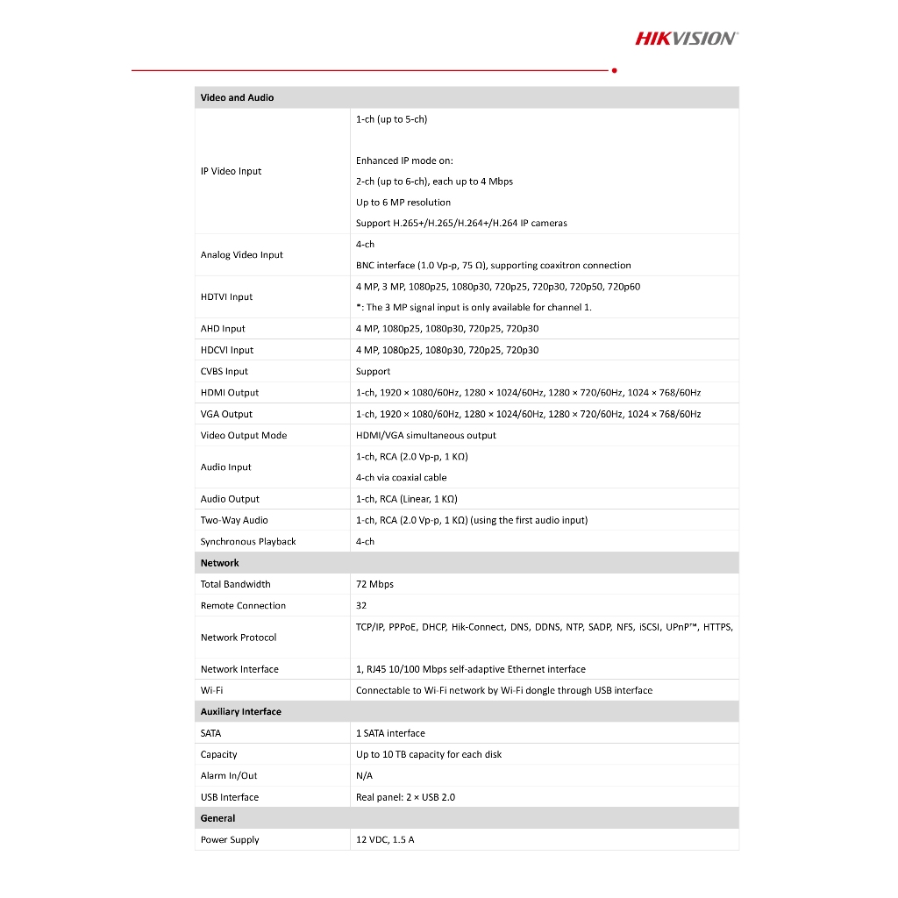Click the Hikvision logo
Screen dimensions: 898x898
coord(686,38)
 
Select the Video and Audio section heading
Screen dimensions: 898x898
coord(237,97)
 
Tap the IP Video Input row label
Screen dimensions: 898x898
coord(231,171)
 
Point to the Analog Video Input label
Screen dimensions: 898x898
coord(241,255)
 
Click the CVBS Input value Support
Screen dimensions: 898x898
coord(373,372)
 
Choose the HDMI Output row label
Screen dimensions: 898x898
coord(229,393)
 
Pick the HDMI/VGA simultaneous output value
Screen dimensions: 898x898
coord(425,436)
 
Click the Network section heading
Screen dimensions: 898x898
coord(219,563)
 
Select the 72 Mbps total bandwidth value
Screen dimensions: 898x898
coord(374,584)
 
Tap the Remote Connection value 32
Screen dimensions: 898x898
coord(361,605)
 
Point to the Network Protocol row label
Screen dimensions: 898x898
coord(238,638)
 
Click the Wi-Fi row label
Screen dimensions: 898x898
coord(211,690)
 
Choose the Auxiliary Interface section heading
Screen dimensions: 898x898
coord(240,712)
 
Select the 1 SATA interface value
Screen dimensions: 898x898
coord(390,733)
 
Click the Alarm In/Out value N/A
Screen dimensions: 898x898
coord(364,776)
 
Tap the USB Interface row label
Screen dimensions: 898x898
coord(229,797)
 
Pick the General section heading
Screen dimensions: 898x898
coord(217,818)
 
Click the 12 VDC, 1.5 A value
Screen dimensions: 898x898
coord(385,840)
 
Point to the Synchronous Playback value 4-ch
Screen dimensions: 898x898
coord(365,542)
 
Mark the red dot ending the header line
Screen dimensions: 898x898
coord(615,70)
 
